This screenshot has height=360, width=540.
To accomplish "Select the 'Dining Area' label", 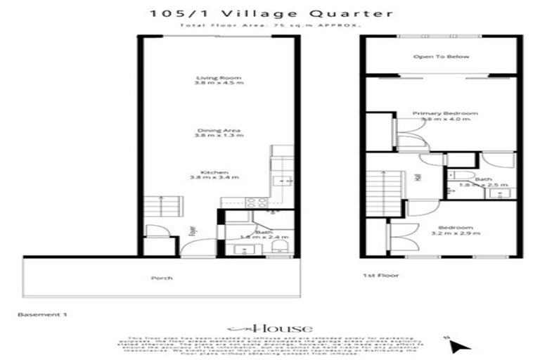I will pyautogui.click(x=219, y=131).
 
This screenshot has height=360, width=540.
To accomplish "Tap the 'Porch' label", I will pyautogui.click(x=162, y=278).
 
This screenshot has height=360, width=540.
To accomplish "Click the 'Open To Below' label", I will pyautogui.click(x=441, y=56).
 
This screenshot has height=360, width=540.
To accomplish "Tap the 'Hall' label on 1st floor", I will pyautogui.click(x=418, y=179).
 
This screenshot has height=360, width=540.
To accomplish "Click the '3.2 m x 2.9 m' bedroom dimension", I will pyautogui.click(x=455, y=233).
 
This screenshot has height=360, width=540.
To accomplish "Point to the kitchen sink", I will pyautogui.click(x=284, y=181).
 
